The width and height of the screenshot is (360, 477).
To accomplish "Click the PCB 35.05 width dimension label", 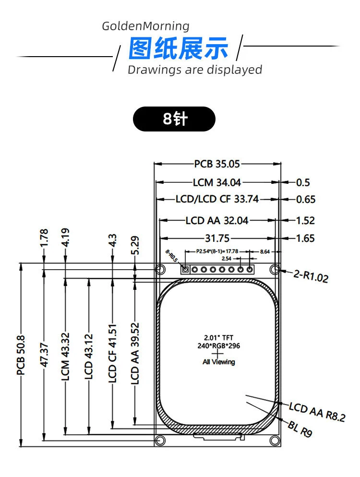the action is tap(217, 164).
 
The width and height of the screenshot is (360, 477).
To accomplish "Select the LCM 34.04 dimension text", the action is tap(217, 182).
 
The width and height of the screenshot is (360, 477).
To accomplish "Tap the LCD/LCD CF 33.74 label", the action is tap(217, 199).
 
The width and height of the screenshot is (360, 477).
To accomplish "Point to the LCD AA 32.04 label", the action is tap(217, 220).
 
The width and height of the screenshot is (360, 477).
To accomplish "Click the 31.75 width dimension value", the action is tap(217, 238).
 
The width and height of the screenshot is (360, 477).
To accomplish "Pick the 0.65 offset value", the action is tap(306, 200).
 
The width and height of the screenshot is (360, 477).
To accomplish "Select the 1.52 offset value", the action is tap(306, 220).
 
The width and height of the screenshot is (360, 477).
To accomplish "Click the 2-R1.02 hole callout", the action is tap(311, 276).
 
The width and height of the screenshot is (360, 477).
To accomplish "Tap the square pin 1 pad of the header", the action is tap(185, 269).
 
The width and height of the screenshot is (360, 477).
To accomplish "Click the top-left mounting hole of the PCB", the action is tap(160, 269).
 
